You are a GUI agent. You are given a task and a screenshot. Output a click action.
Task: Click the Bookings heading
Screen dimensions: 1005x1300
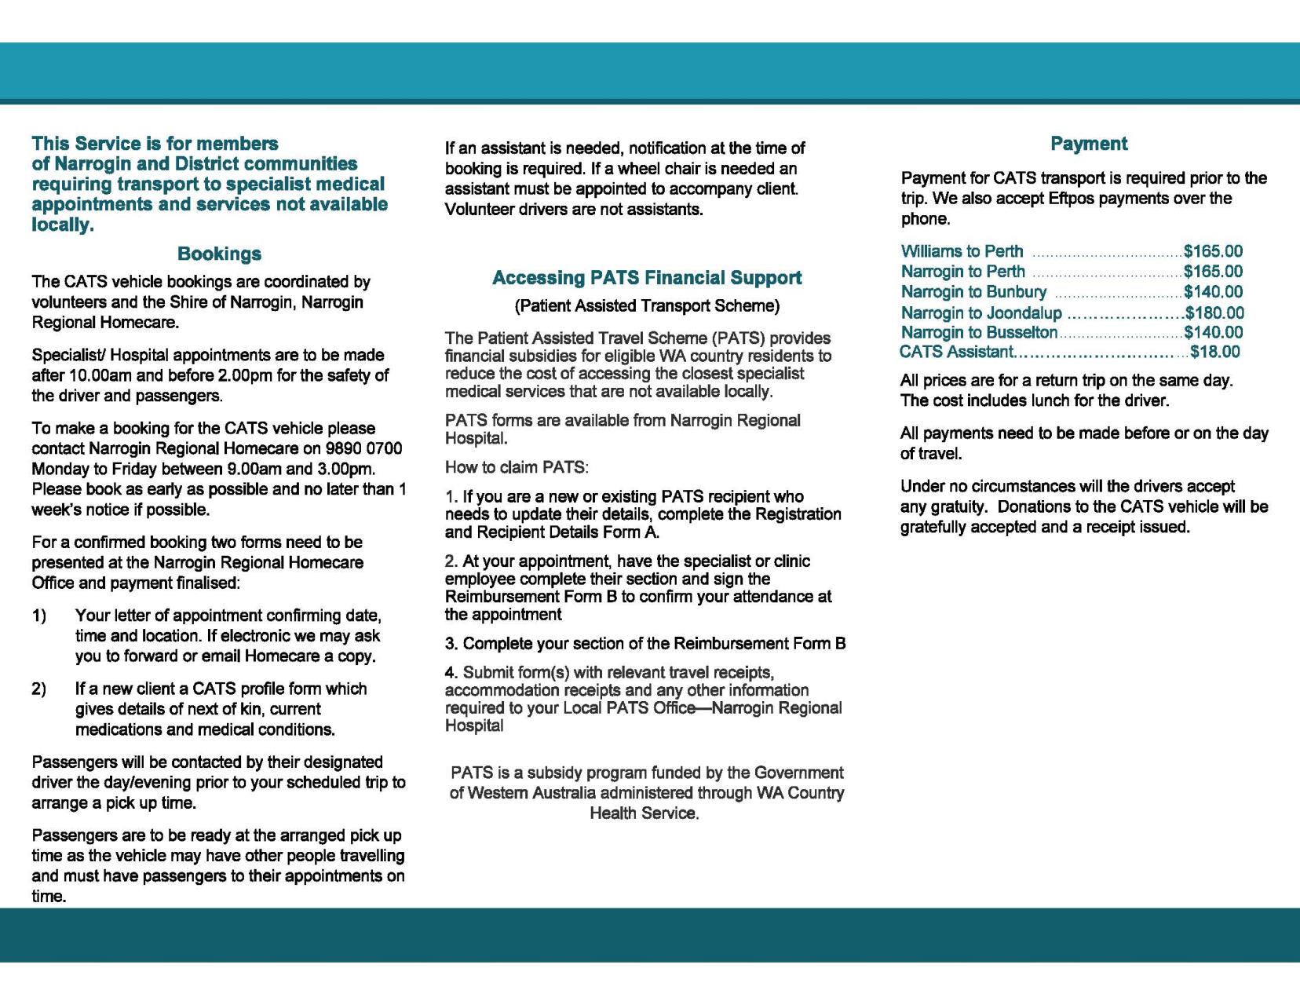[219, 254]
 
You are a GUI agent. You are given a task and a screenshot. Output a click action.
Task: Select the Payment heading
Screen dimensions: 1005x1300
[1088, 144]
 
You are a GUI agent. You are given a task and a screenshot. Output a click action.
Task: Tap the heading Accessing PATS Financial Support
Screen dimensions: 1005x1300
[646, 278]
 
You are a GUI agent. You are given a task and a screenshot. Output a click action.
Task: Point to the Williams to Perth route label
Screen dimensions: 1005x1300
[962, 251]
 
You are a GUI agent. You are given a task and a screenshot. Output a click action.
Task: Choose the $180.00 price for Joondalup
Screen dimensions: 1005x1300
[1214, 313]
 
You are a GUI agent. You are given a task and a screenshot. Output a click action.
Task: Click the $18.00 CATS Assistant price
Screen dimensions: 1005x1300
[1215, 352]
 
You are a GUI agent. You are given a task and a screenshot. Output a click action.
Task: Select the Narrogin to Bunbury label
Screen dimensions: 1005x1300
[973, 292]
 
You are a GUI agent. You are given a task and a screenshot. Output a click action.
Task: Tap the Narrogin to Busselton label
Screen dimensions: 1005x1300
[979, 333]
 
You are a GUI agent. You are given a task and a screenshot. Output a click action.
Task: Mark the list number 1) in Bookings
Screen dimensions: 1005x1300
[39, 616]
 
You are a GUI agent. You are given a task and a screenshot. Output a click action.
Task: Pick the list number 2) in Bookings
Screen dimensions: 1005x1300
[39, 689]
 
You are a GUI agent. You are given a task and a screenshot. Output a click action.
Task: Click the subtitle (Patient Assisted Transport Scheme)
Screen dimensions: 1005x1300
[647, 305]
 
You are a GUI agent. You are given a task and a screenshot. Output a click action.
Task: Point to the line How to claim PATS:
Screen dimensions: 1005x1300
[517, 468]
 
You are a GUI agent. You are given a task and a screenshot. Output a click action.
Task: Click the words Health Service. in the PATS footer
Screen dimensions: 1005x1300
[645, 813]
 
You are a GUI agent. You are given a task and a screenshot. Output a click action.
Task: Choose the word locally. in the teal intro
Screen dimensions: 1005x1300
[63, 225]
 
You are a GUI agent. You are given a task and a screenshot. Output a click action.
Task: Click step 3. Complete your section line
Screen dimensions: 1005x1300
[645, 644]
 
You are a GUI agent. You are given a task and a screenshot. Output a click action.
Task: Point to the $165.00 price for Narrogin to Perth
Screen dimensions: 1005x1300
[1213, 272]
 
